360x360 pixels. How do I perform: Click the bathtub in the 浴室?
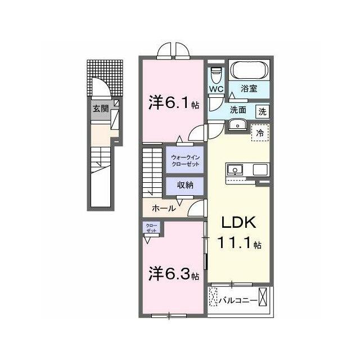(250, 70)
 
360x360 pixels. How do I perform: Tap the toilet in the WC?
(216, 75)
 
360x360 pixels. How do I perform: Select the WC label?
(216, 89)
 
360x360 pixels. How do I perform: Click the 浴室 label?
(249, 89)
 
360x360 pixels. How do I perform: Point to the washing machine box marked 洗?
(263, 112)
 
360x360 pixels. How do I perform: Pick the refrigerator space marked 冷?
(260, 133)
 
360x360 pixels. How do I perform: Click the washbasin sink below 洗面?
(237, 125)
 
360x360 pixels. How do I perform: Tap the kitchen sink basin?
(235, 170)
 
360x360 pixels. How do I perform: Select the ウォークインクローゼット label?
(185, 161)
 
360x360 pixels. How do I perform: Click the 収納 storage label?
(185, 185)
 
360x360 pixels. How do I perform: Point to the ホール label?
(164, 209)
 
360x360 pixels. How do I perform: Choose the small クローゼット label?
(151, 228)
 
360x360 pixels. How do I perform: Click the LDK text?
(238, 222)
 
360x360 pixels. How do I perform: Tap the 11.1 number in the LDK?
(235, 242)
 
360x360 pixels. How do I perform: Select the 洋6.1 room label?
(174, 102)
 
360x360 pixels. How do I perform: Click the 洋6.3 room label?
(174, 273)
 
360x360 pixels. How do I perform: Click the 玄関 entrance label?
(101, 109)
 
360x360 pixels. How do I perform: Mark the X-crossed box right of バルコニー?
(263, 296)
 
